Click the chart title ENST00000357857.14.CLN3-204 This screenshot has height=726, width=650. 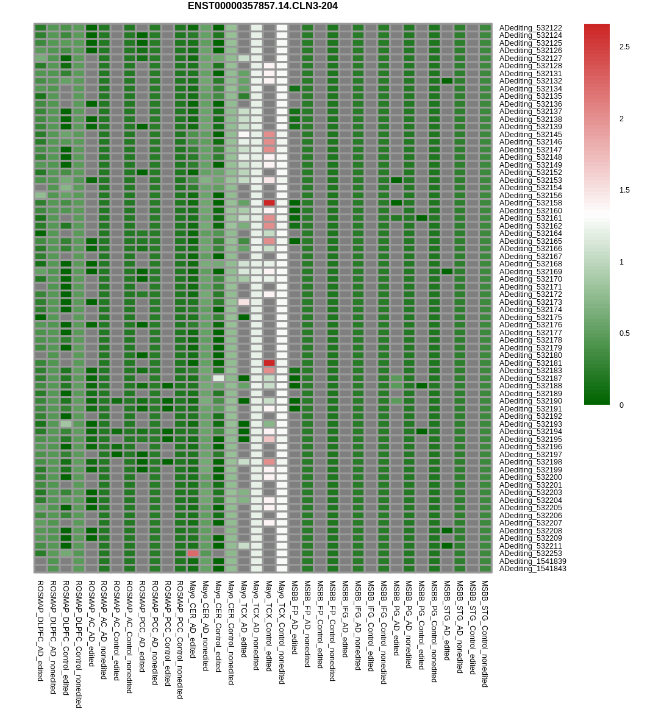coord(262,6)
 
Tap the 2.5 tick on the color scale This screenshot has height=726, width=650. coord(624,47)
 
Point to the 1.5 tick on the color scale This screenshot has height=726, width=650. coord(624,190)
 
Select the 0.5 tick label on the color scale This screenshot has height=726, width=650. coord(624,333)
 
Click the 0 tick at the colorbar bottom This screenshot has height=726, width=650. coord(622,405)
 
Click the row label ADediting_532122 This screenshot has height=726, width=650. coord(530,28)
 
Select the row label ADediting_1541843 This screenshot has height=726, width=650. coord(532,569)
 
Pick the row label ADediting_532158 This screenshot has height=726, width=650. coord(530,203)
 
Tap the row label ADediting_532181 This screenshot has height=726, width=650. coord(530,363)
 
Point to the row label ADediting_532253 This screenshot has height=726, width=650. coord(530,553)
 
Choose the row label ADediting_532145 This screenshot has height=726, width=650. coord(530,135)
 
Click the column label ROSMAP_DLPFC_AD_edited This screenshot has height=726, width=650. coord(40,630)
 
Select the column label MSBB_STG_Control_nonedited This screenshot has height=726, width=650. coord(485,633)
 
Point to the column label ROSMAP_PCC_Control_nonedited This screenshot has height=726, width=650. coord(180,639)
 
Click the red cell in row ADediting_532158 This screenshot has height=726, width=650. coord(269,203)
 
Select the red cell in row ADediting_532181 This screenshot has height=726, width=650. coord(269,363)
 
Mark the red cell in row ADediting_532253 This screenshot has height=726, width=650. coord(193,553)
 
